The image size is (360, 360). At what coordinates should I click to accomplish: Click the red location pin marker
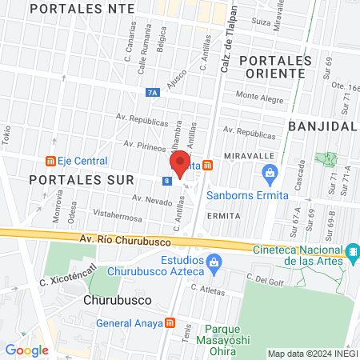pos(180,162)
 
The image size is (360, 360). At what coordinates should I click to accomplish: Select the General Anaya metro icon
pos(169,323)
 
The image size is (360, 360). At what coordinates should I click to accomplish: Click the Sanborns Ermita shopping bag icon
pos(270,171)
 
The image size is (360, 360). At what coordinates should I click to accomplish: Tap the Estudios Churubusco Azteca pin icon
pos(213,262)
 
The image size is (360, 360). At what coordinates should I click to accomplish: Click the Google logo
pos(26,350)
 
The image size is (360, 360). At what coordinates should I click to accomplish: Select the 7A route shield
pos(153,93)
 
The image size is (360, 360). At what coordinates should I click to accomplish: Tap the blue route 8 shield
pos(166,181)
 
